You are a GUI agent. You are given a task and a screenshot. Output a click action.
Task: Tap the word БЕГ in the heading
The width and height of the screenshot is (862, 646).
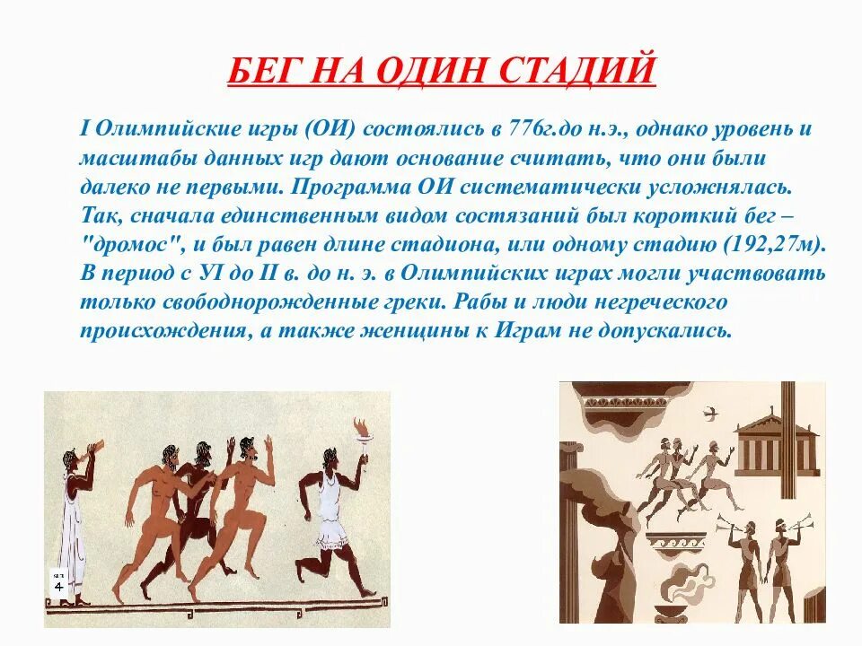[x=261, y=71]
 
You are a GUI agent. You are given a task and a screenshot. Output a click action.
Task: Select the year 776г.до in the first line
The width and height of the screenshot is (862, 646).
[x=537, y=128]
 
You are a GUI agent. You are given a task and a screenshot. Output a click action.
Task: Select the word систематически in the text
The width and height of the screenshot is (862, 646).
[x=654, y=187]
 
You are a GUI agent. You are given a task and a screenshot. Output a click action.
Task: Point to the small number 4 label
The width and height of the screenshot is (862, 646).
[x=58, y=585]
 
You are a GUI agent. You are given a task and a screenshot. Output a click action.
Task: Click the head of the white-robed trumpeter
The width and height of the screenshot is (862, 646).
[x=70, y=459]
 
